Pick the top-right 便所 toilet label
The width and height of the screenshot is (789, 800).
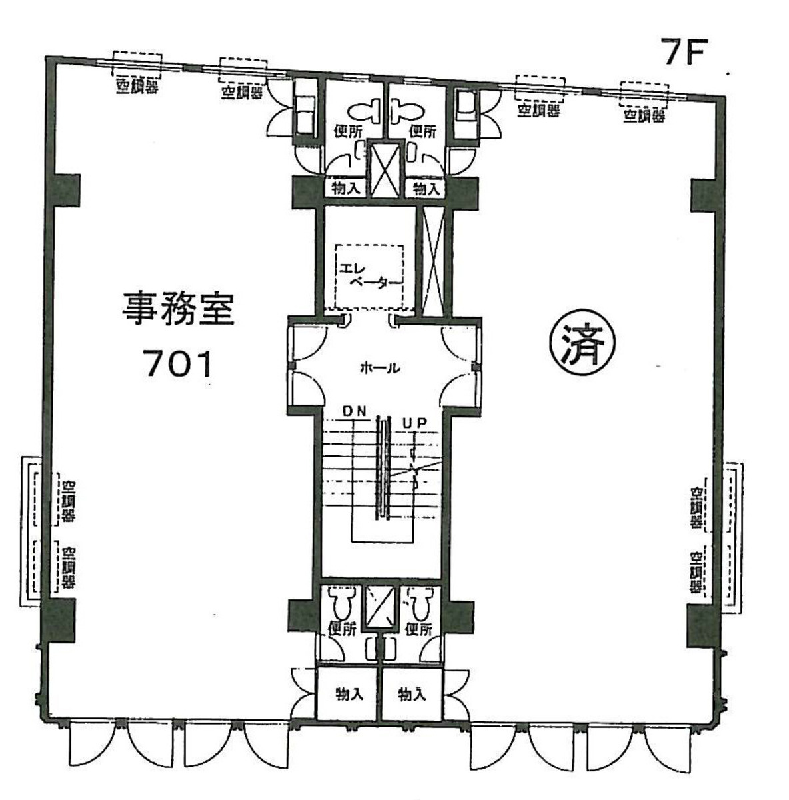pyautogui.click(x=422, y=131)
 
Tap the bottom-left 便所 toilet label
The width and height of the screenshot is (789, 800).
pyautogui.click(x=342, y=628)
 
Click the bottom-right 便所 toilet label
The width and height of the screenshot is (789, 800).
pyautogui.click(x=418, y=628)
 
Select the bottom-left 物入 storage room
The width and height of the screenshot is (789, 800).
pyautogui.click(x=349, y=694)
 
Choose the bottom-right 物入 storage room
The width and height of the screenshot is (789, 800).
pyautogui.click(x=412, y=694)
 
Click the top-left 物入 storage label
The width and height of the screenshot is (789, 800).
pyautogui.click(x=345, y=189)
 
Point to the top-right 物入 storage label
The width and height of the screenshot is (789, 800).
pyautogui.click(x=426, y=189)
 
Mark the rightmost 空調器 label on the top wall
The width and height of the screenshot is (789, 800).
pyautogui.click(x=644, y=115)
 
